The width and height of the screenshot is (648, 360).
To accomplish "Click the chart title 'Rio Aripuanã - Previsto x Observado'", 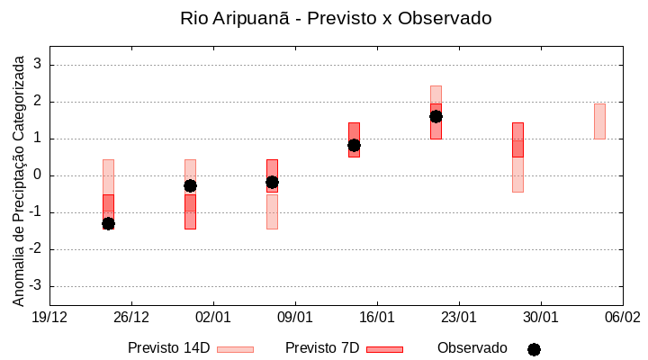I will click(336, 18).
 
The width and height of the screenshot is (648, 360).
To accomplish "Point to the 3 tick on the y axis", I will click(38, 65).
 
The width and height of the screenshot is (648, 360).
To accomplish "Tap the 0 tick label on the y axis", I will click(38, 175).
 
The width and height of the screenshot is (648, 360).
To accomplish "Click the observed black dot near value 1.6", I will click(436, 116).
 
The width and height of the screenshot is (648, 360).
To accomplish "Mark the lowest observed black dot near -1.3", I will click(108, 223).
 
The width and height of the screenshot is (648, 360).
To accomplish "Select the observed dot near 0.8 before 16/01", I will click(354, 145).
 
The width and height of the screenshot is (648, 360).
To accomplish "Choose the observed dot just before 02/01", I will click(190, 185).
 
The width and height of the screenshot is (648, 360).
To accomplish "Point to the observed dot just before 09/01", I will click(272, 182).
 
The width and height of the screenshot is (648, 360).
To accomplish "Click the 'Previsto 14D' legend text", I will click(168, 348).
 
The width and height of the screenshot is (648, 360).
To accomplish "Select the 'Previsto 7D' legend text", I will click(322, 348).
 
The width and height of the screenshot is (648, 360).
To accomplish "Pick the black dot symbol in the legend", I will click(534, 349).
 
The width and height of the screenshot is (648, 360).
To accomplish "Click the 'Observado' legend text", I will click(472, 348).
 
